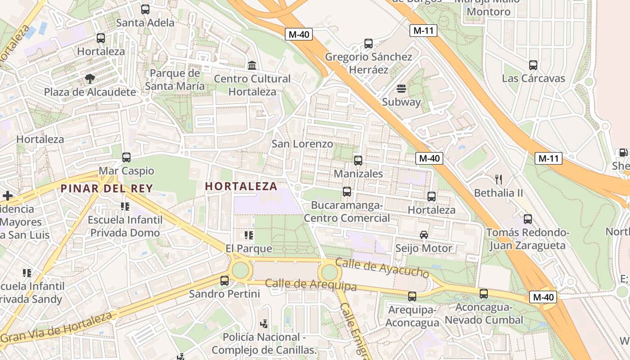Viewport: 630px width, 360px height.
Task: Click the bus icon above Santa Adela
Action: pos(145,9)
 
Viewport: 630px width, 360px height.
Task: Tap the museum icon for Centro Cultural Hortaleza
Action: pos(252,65)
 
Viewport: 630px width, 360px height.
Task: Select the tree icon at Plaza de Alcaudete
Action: pos(90,79)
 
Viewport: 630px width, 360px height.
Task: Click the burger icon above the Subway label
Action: pos(401,89)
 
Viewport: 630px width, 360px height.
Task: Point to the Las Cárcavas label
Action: pos(533,78)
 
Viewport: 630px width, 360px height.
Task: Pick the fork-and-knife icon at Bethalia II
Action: pos(498,180)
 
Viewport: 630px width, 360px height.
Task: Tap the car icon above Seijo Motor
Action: pos(424,234)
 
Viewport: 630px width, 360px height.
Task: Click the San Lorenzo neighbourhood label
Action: pos(302,144)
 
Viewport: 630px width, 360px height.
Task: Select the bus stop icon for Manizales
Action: pos(358,160)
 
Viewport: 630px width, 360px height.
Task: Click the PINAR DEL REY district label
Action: pos(107,189)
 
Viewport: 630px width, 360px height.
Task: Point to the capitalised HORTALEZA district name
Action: pos(241,186)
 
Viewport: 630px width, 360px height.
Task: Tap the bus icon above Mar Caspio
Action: pos(126,157)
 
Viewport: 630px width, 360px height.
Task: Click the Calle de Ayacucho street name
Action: pos(382,268)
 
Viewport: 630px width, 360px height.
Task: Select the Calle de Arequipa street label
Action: pos(310,284)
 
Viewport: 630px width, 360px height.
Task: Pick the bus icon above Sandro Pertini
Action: pos(225,281)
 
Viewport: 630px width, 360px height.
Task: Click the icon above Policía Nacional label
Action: pos(264,324)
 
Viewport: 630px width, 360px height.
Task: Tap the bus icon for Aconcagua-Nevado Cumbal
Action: pos(484,294)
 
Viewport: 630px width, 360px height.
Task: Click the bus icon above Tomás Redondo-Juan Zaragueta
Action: pos(528,219)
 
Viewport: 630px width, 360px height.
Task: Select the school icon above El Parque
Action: pos(249,235)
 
